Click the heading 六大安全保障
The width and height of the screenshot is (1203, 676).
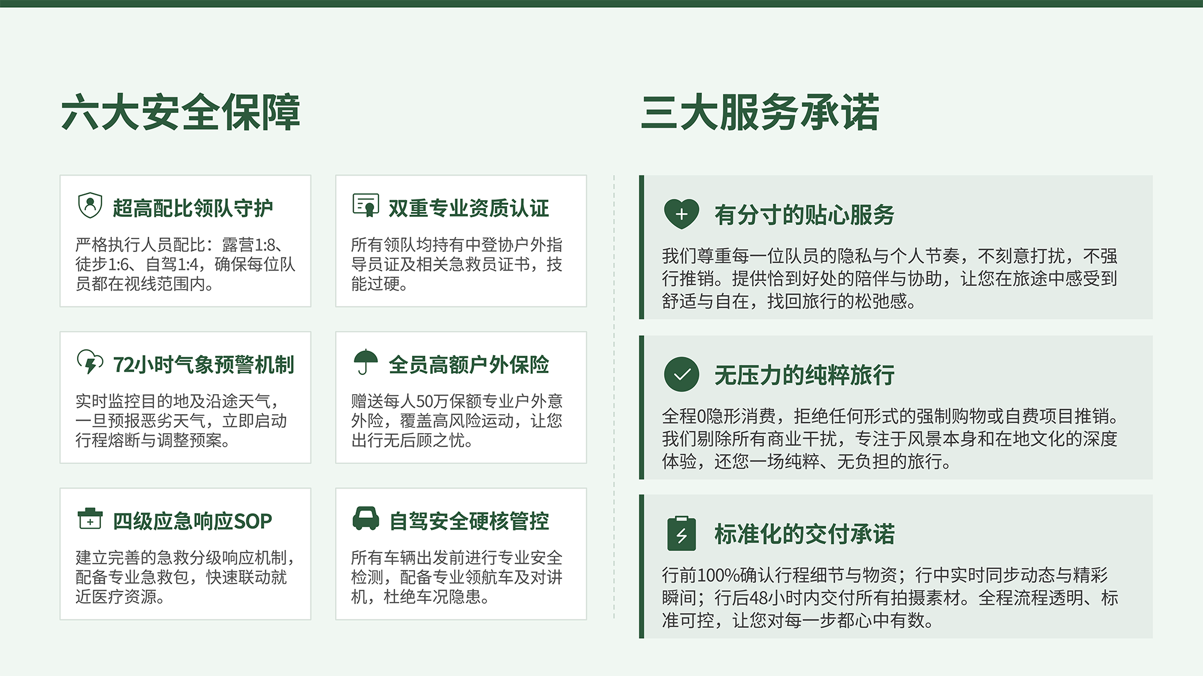180,112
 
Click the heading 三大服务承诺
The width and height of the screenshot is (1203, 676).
760,112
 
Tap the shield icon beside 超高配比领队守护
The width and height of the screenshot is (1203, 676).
90,206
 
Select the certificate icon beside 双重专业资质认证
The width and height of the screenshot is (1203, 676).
366,206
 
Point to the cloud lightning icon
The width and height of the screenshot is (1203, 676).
90,362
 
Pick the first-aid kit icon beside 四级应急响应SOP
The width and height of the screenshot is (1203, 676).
90,519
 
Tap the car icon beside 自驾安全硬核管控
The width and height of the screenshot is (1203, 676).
366,519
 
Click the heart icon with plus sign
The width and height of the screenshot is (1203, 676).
681,214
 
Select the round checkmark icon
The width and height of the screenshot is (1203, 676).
681,374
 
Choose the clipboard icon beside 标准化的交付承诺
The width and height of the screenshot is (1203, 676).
681,534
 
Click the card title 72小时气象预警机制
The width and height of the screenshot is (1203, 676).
203,365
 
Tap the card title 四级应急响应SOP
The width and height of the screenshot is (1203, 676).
192,521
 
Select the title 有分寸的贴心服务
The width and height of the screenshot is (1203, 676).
804,215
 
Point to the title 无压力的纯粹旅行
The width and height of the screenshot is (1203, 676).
804,375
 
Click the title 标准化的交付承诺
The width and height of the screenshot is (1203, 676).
804,534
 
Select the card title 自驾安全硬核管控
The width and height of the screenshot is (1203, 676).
469,521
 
